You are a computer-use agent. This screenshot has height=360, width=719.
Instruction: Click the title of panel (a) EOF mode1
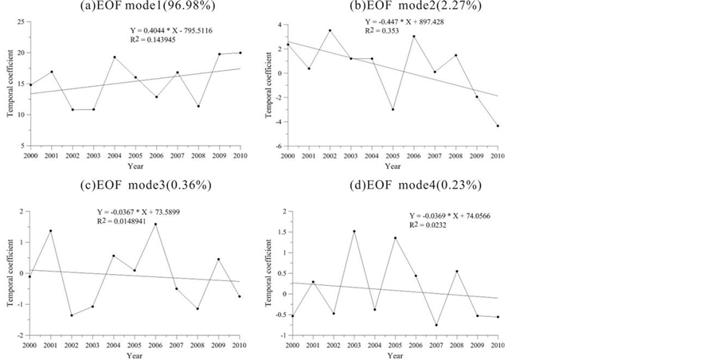point(135,7)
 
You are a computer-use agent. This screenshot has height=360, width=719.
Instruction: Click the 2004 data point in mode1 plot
point(114,57)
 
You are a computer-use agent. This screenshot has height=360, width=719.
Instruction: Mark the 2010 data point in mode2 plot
point(498,126)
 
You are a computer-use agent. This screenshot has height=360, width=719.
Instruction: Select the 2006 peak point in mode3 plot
point(155,224)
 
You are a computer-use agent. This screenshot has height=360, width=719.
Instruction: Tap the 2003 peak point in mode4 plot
point(354,231)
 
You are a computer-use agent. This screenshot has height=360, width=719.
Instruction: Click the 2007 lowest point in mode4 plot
point(436,325)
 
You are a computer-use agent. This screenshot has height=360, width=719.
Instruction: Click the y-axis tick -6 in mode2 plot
point(279,147)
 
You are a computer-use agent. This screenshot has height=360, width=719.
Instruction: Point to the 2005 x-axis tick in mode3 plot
point(134,345)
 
